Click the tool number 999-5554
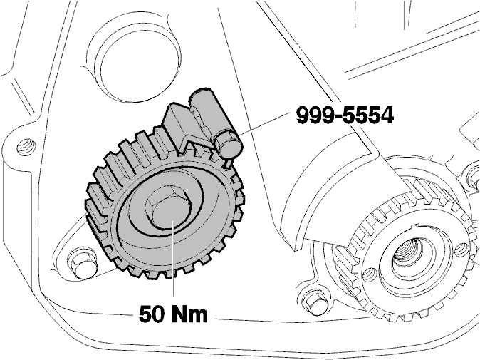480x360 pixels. (x=345, y=115)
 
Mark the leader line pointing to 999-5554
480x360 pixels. (x=264, y=124)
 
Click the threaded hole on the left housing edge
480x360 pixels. (x=26, y=146)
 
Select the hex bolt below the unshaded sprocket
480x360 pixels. (x=315, y=302)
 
